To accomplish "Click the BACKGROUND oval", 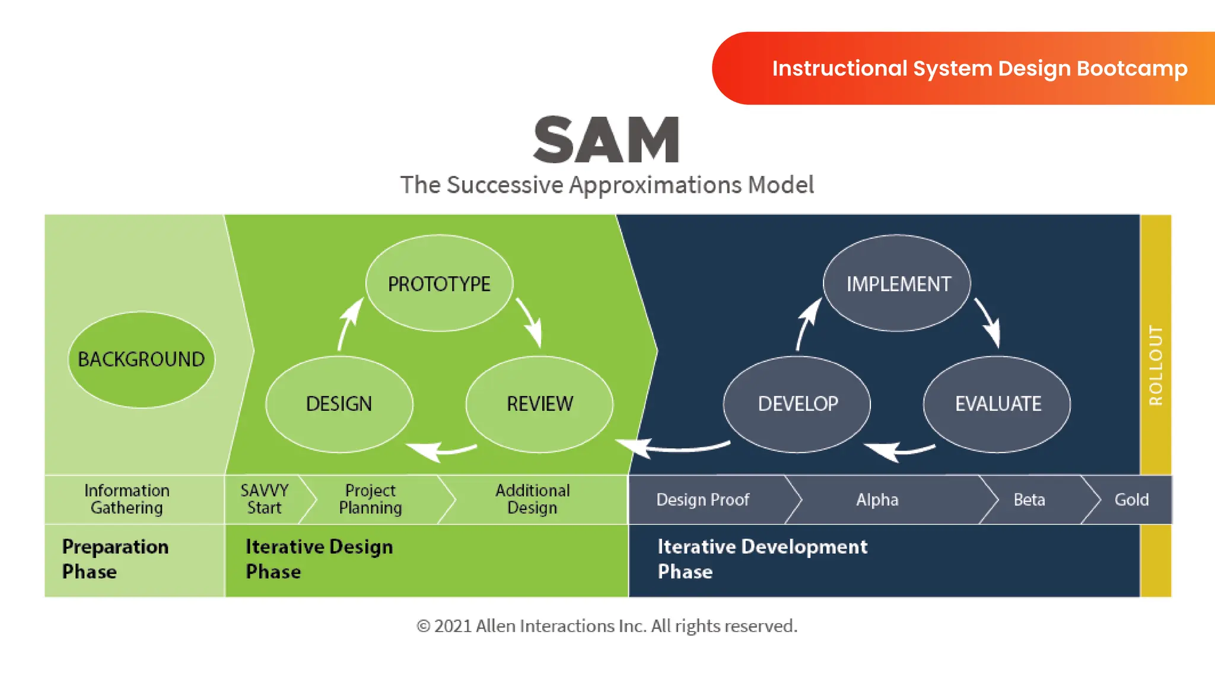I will tap(141, 359).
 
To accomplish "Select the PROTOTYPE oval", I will tap(439, 283).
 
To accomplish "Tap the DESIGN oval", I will tap(339, 404).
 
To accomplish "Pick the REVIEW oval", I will tap(539, 404).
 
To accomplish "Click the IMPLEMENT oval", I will tap(898, 283).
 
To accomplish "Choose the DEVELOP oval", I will tap(797, 404).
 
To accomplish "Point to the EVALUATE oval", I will tap(997, 404).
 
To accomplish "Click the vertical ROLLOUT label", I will tap(1156, 365).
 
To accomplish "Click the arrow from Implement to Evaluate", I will tap(988, 322).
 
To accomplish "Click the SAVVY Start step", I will tap(264, 499).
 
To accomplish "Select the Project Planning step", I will tap(370, 499).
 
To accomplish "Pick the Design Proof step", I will tap(702, 500).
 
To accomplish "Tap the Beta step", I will tap(1029, 500).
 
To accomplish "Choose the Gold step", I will tap(1131, 500).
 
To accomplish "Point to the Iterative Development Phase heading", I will tap(762, 558).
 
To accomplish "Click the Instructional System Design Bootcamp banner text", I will tap(979, 68).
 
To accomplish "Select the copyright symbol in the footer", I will tap(423, 626).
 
